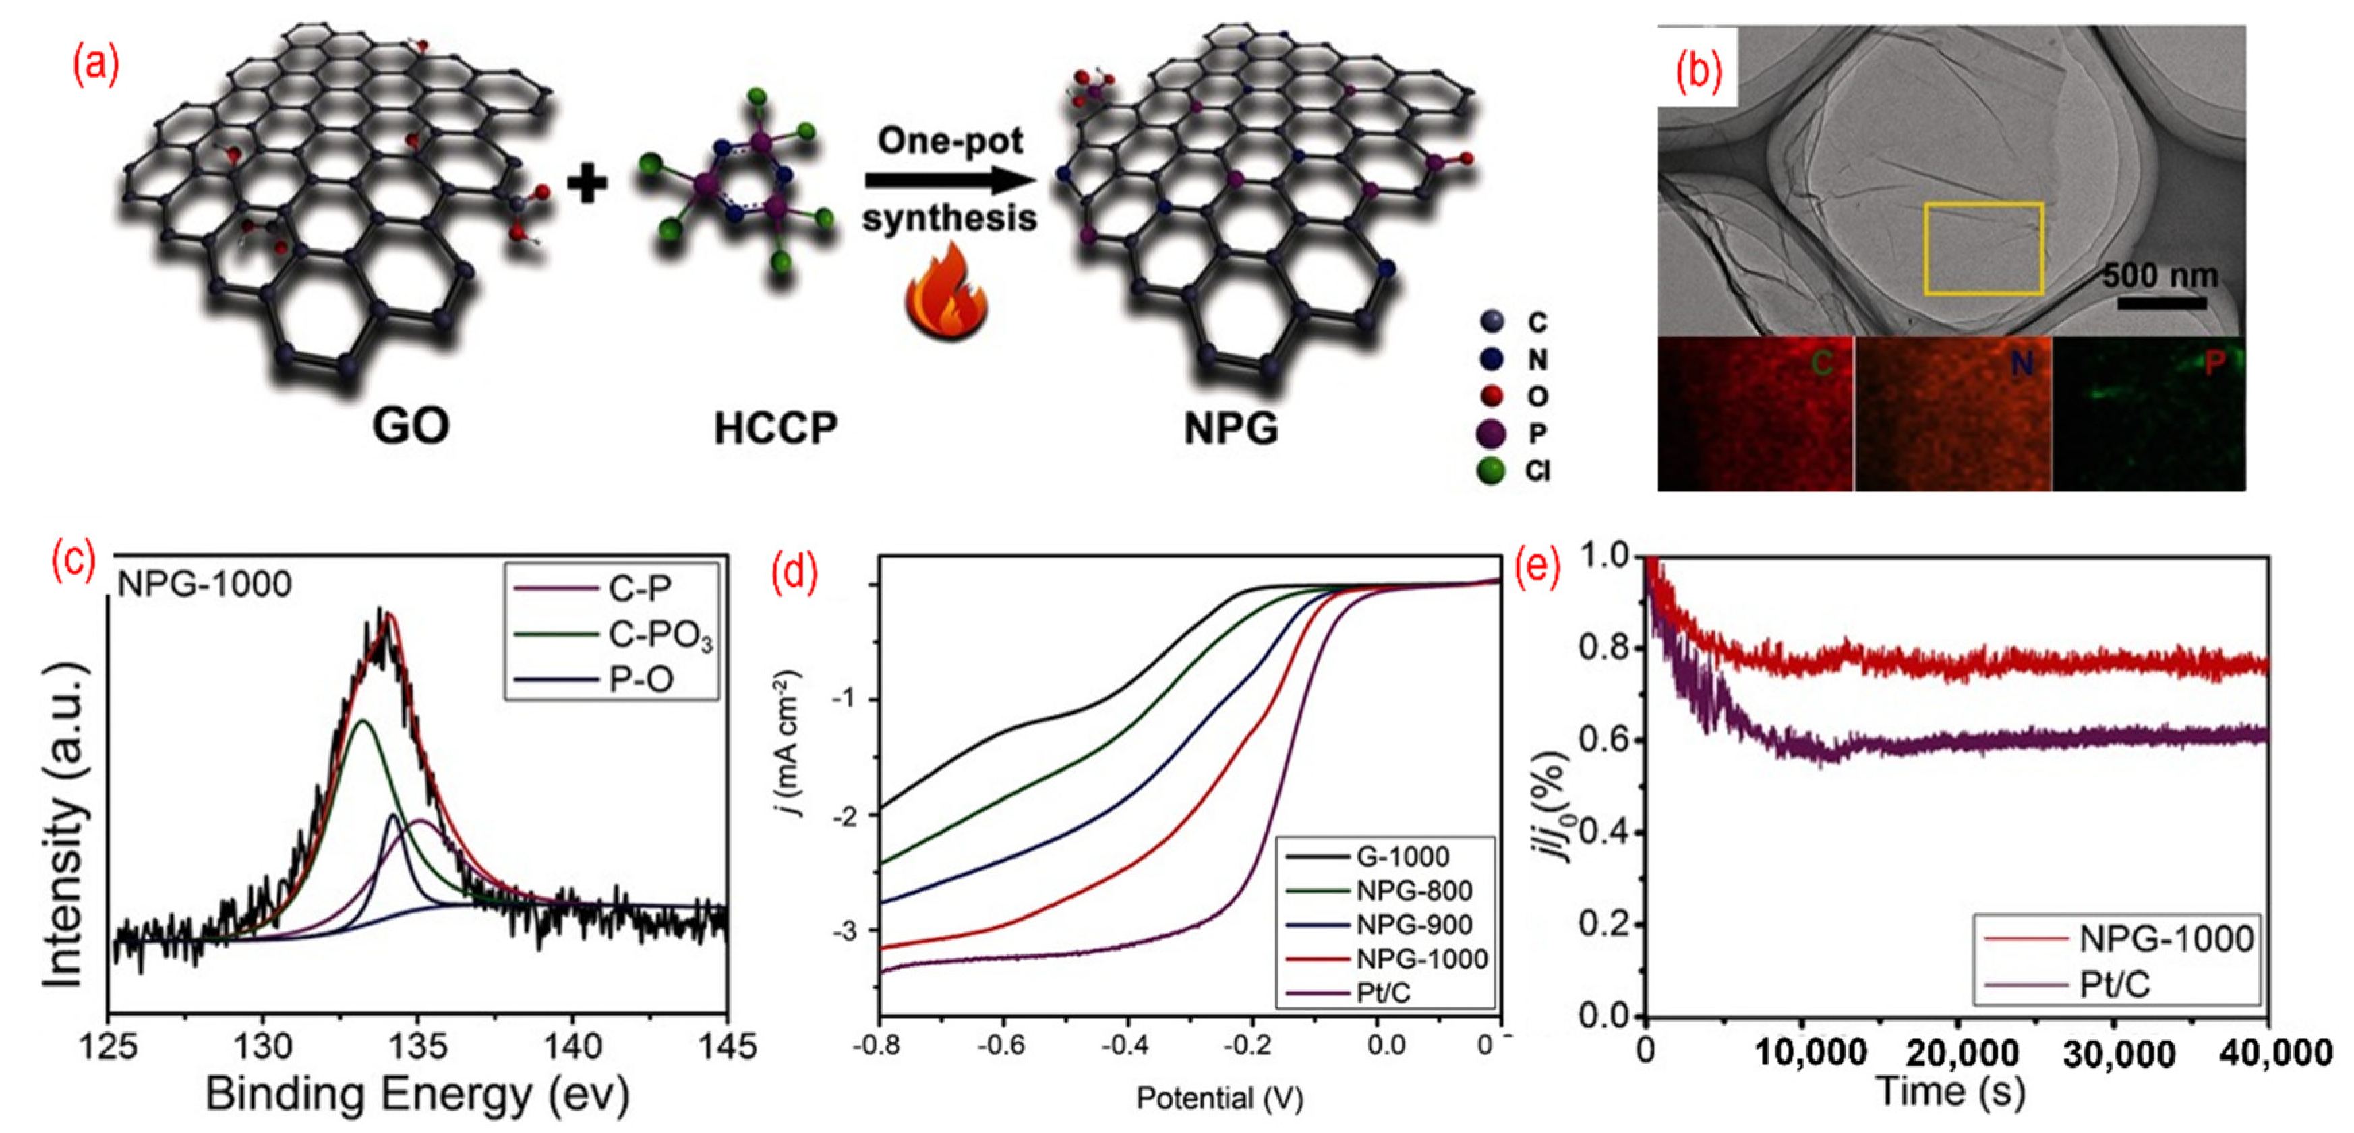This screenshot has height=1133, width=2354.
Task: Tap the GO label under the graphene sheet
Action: click(410, 426)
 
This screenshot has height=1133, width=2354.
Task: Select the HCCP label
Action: click(775, 428)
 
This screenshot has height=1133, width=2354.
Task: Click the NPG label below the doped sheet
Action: click(1231, 428)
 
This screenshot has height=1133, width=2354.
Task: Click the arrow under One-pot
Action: click(950, 180)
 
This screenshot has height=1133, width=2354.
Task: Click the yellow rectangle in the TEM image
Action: click(1983, 249)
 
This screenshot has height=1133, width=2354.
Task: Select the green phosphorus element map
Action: click(2148, 414)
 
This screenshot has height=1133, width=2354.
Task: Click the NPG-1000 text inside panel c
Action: click(205, 584)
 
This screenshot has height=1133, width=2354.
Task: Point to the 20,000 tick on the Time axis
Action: click(1961, 1053)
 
